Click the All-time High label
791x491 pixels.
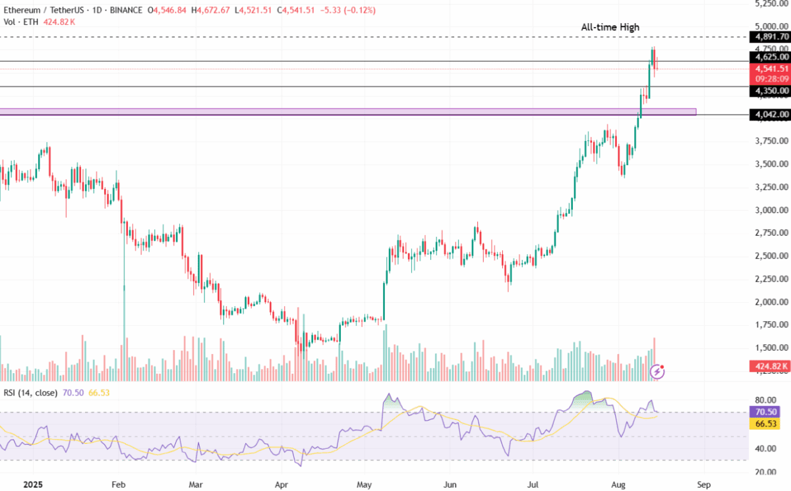click(610, 27)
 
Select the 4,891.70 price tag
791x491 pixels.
click(769, 37)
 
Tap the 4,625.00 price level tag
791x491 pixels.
click(769, 57)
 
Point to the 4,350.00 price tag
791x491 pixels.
click(769, 90)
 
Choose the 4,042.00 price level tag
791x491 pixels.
click(769, 115)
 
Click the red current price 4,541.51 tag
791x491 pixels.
click(769, 68)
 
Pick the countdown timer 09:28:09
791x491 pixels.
click(769, 78)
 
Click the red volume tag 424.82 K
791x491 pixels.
click(769, 365)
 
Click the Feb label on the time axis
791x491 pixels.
click(118, 484)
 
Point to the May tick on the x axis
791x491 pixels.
click(363, 484)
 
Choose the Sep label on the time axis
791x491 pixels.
click(704, 484)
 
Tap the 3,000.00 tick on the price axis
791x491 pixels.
click(769, 211)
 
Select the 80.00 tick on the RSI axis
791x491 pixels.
click(764, 400)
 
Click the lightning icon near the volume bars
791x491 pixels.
click(657, 372)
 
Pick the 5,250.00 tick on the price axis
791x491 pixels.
click(769, 3)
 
